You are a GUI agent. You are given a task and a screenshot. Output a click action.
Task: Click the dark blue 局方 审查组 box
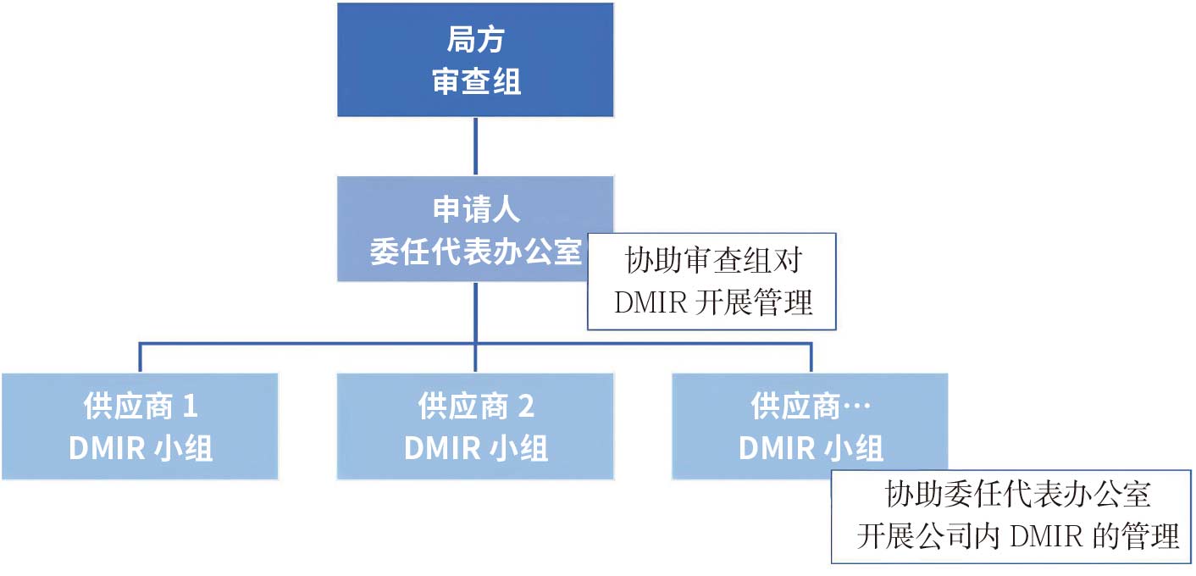tap(475, 59)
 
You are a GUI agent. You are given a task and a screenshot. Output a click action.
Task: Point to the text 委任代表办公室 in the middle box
tap(475, 252)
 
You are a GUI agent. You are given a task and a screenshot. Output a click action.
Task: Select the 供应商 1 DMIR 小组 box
tap(140, 426)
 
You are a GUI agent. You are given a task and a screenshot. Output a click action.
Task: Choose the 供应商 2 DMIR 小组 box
tap(475, 426)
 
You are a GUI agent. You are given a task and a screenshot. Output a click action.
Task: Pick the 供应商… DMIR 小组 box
tap(810, 426)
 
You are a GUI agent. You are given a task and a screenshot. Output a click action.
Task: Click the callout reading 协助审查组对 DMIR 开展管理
tap(712, 281)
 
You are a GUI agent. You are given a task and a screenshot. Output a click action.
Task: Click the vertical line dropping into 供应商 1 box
tap(140, 358)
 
